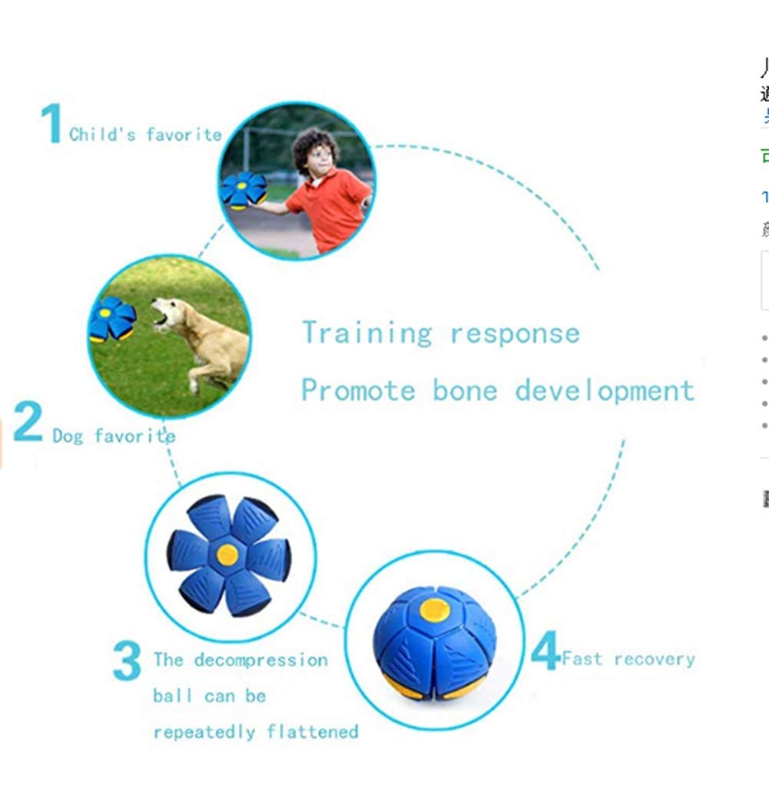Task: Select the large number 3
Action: (127, 662)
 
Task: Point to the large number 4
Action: (545, 653)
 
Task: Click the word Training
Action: (366, 333)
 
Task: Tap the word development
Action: (605, 391)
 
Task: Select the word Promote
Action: (357, 390)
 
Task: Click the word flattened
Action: (313, 731)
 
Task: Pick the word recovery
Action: (655, 659)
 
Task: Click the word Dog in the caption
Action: (68, 436)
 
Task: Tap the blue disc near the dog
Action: (112, 319)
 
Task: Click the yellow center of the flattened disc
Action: (227, 554)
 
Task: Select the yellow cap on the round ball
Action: (435, 609)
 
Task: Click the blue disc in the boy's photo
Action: (244, 190)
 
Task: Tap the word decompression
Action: (261, 660)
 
